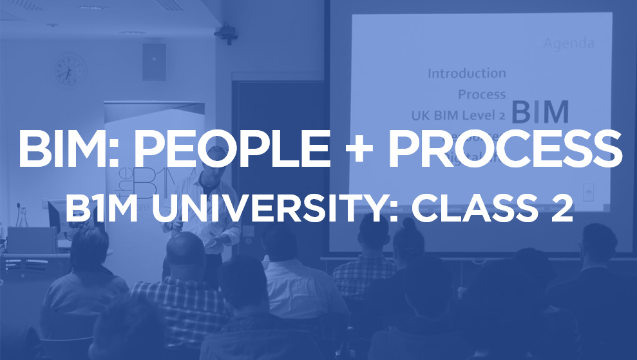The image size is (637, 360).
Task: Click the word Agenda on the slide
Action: click(x=568, y=44)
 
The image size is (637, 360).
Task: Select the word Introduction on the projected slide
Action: click(x=466, y=73)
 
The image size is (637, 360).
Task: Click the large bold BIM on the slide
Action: click(x=540, y=112)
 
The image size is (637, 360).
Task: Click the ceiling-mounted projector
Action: click(x=225, y=32)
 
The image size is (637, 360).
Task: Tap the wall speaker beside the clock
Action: click(x=154, y=62)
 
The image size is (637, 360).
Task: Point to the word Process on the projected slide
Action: click(x=482, y=94)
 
